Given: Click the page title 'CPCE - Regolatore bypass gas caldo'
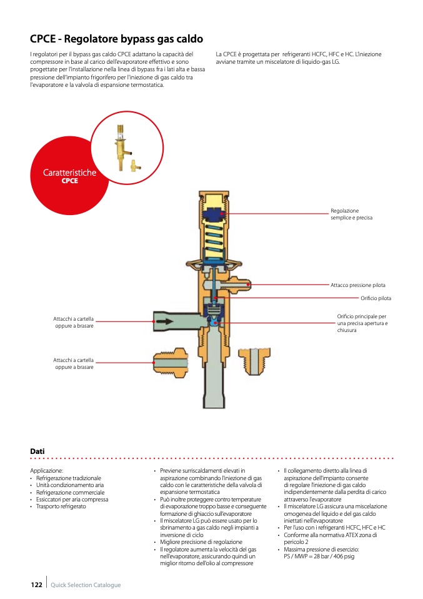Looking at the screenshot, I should click(x=116, y=39).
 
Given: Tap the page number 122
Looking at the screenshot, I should click(x=36, y=585).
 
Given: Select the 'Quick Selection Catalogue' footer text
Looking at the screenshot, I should click(x=86, y=585).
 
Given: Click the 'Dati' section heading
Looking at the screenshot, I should click(x=37, y=451).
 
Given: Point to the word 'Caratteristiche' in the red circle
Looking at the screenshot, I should click(x=69, y=173).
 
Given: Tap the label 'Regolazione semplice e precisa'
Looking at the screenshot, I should click(x=351, y=214).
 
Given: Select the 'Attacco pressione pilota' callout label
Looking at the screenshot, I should click(x=357, y=285).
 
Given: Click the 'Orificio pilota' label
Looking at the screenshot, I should click(x=376, y=298).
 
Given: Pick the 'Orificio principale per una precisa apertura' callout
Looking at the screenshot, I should click(x=362, y=323).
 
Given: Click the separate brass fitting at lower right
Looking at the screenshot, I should click(x=256, y=361).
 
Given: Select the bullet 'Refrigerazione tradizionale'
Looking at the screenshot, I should click(x=68, y=478).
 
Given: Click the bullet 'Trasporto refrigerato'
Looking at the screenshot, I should click(x=61, y=506).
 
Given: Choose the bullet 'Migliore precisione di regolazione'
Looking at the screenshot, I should click(x=201, y=542).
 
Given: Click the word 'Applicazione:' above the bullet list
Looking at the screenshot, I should click(x=47, y=470).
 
